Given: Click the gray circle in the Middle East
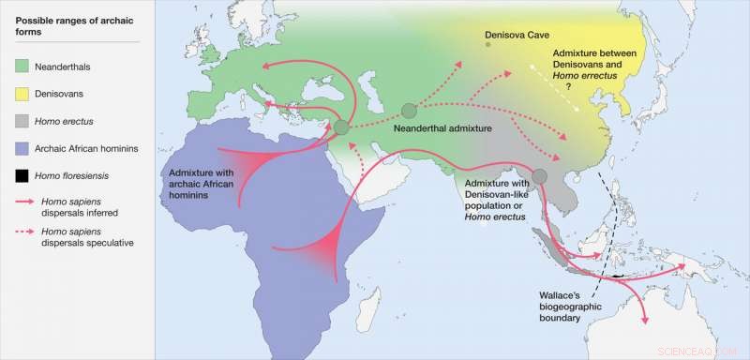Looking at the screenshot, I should coord(341,127).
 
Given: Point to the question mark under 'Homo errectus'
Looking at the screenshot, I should coord(567,86).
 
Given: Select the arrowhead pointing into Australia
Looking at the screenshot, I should coord(644,321).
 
